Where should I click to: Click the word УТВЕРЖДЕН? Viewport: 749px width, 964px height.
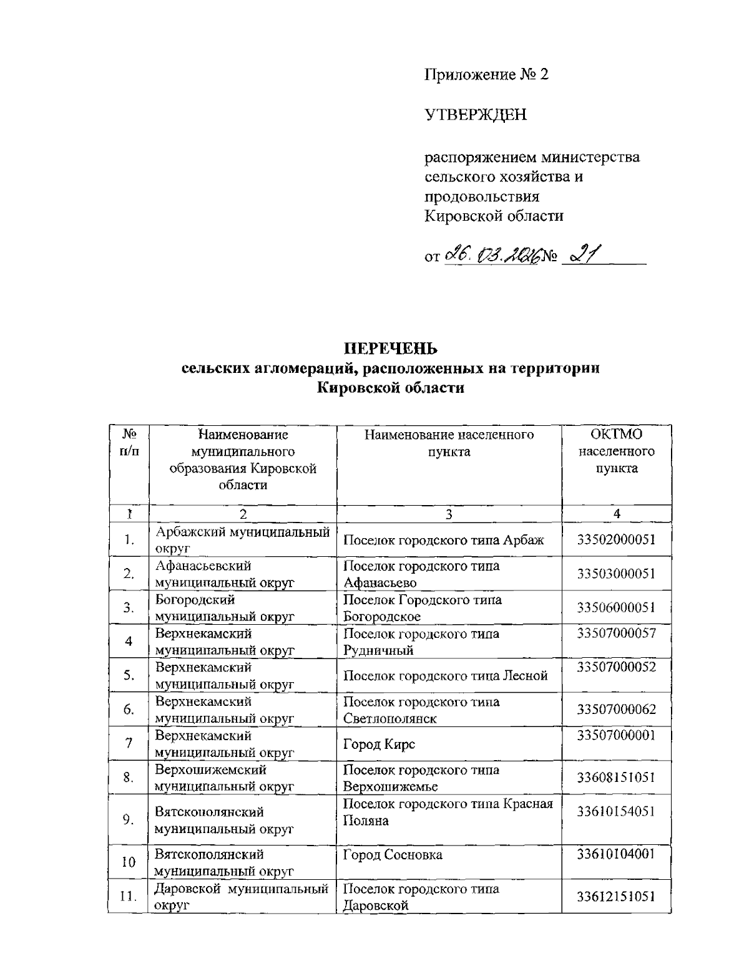tap(476, 115)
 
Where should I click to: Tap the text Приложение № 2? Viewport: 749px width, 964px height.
tap(486, 75)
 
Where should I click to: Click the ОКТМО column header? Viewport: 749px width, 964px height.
tap(616, 434)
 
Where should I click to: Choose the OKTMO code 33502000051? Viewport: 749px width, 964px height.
tap(616, 539)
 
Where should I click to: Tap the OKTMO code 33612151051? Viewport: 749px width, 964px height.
tap(616, 897)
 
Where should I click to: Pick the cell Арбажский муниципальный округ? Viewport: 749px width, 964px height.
tap(242, 540)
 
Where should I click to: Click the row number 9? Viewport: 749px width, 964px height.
tap(129, 820)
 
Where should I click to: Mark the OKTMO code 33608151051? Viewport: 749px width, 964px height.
tap(616, 778)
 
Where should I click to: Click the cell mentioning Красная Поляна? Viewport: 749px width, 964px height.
tap(448, 812)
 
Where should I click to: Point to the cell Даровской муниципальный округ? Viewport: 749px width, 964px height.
tap(242, 897)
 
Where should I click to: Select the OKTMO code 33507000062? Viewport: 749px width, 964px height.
tap(616, 710)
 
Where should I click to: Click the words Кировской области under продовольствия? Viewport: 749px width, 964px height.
tap(494, 216)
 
